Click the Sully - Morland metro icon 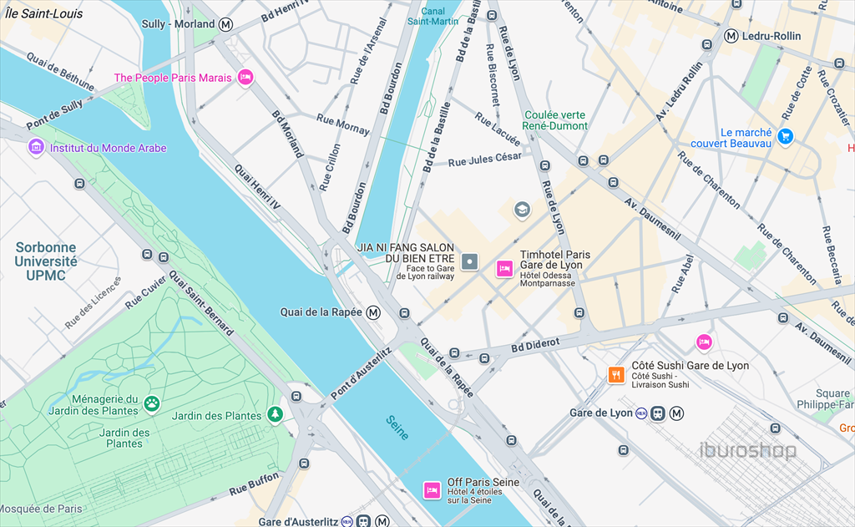tap(226, 24)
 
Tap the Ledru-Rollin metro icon tap(731, 36)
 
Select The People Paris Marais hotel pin tap(245, 78)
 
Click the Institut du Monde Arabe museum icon tap(36, 148)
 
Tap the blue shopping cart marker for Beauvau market tap(785, 134)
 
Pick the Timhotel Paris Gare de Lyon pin tap(504, 268)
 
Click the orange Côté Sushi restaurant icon tap(616, 375)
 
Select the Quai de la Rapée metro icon tap(374, 312)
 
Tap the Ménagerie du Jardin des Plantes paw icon tap(152, 404)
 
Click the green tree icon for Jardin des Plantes tap(275, 415)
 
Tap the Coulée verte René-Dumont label tap(554, 120)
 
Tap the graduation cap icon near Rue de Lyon tap(522, 209)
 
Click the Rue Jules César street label tap(484, 159)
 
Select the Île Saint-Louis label tap(43, 13)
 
